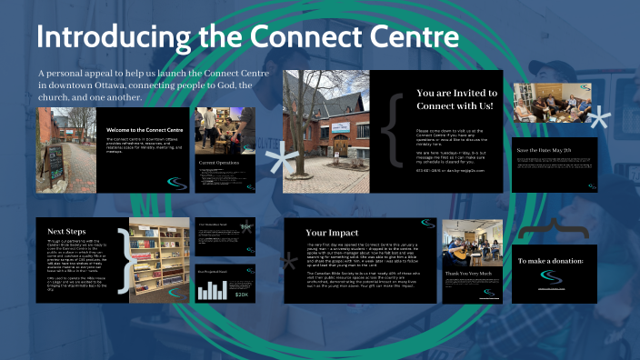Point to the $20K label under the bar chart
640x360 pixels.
coord(242,294)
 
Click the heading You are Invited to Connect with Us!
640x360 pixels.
coord(456,99)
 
